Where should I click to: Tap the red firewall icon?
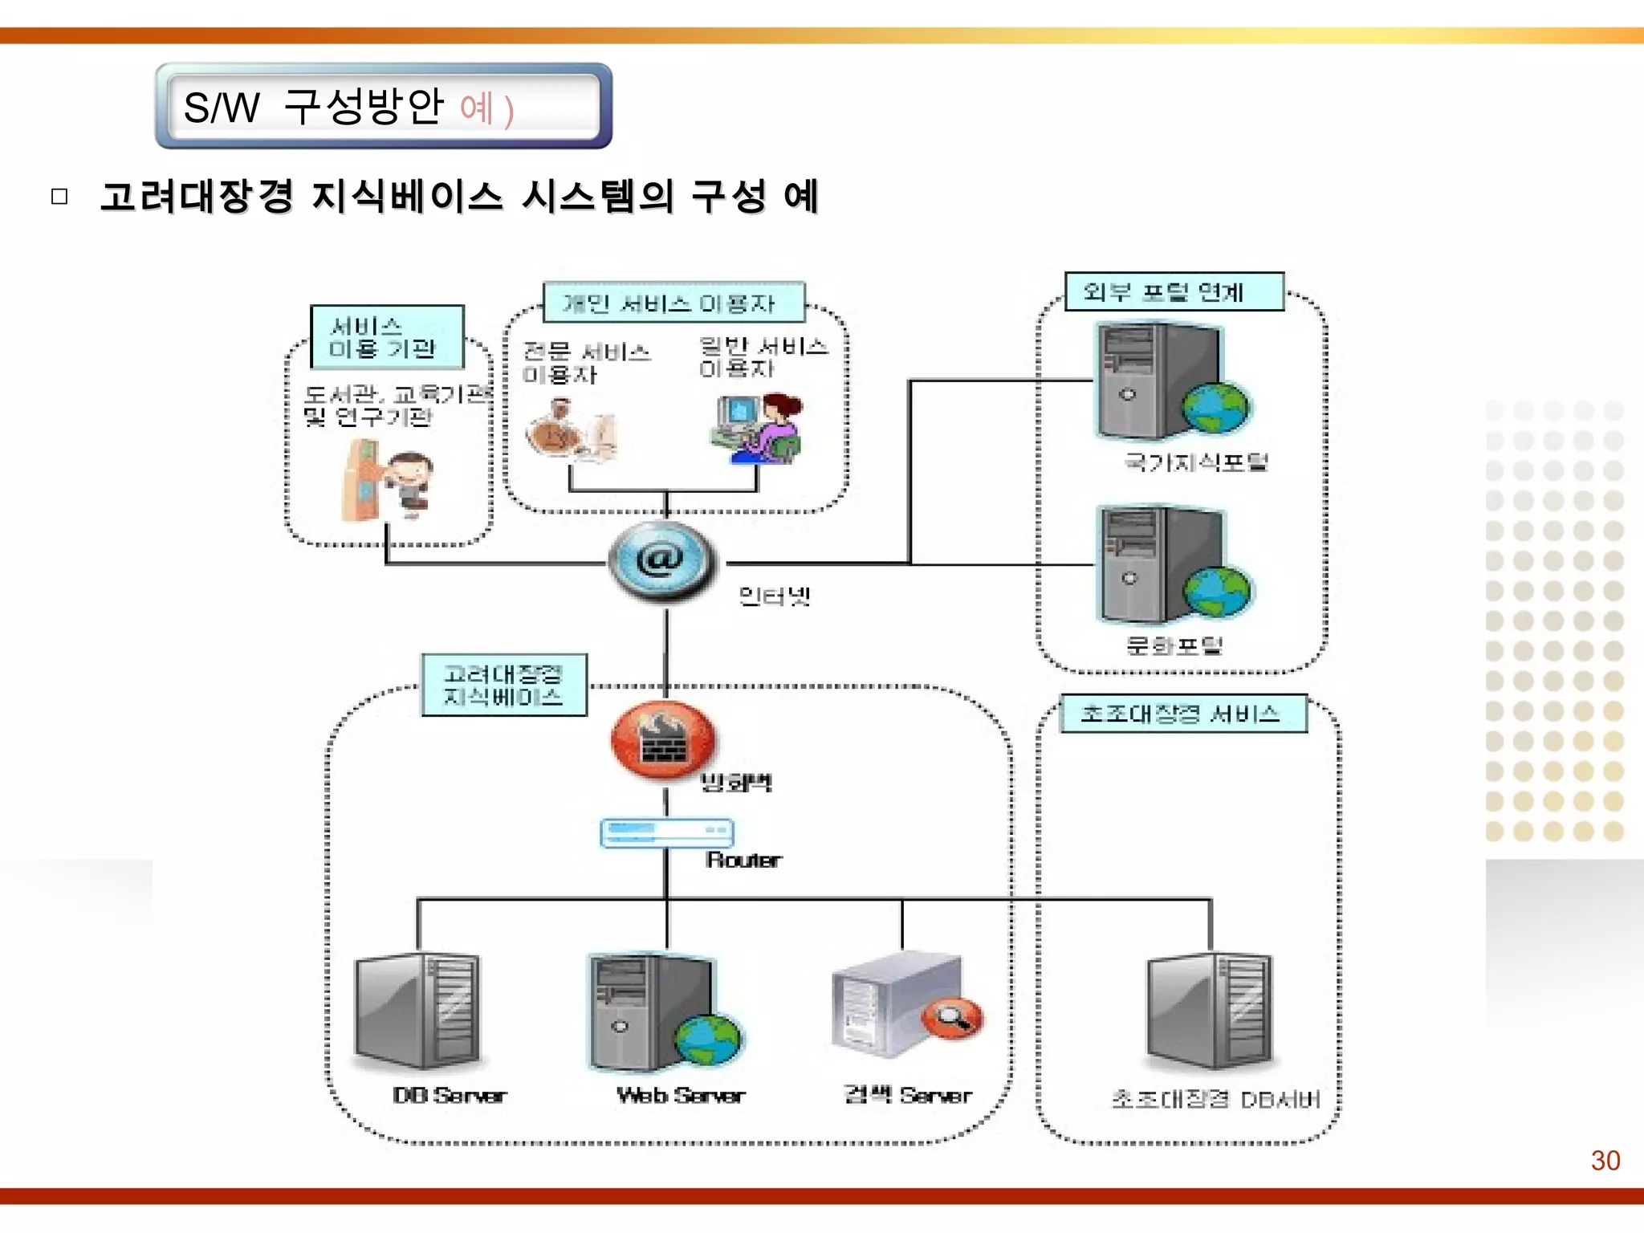[663, 740]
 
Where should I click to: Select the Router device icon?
[666, 832]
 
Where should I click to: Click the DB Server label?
[450, 1095]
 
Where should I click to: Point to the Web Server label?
[681, 1095]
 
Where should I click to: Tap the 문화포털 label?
[1174, 645]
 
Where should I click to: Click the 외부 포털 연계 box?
[1174, 291]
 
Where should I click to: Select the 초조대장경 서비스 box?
[1182, 714]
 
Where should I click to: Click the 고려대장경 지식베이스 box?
[504, 685]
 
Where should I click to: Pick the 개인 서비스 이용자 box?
[673, 303]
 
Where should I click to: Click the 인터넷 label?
[774, 596]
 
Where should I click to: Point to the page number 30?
[1605, 1161]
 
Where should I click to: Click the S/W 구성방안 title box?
[384, 106]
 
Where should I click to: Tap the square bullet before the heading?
[59, 197]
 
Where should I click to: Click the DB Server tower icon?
[417, 1010]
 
